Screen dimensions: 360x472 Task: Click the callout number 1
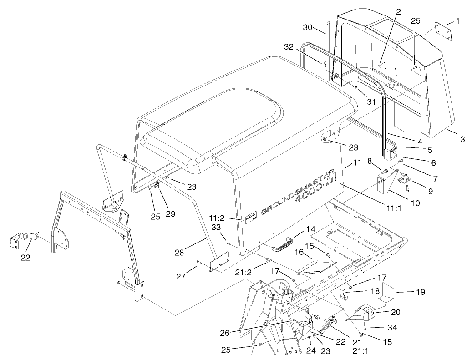[x=458, y=21]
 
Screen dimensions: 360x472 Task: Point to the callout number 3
[x=462, y=139]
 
